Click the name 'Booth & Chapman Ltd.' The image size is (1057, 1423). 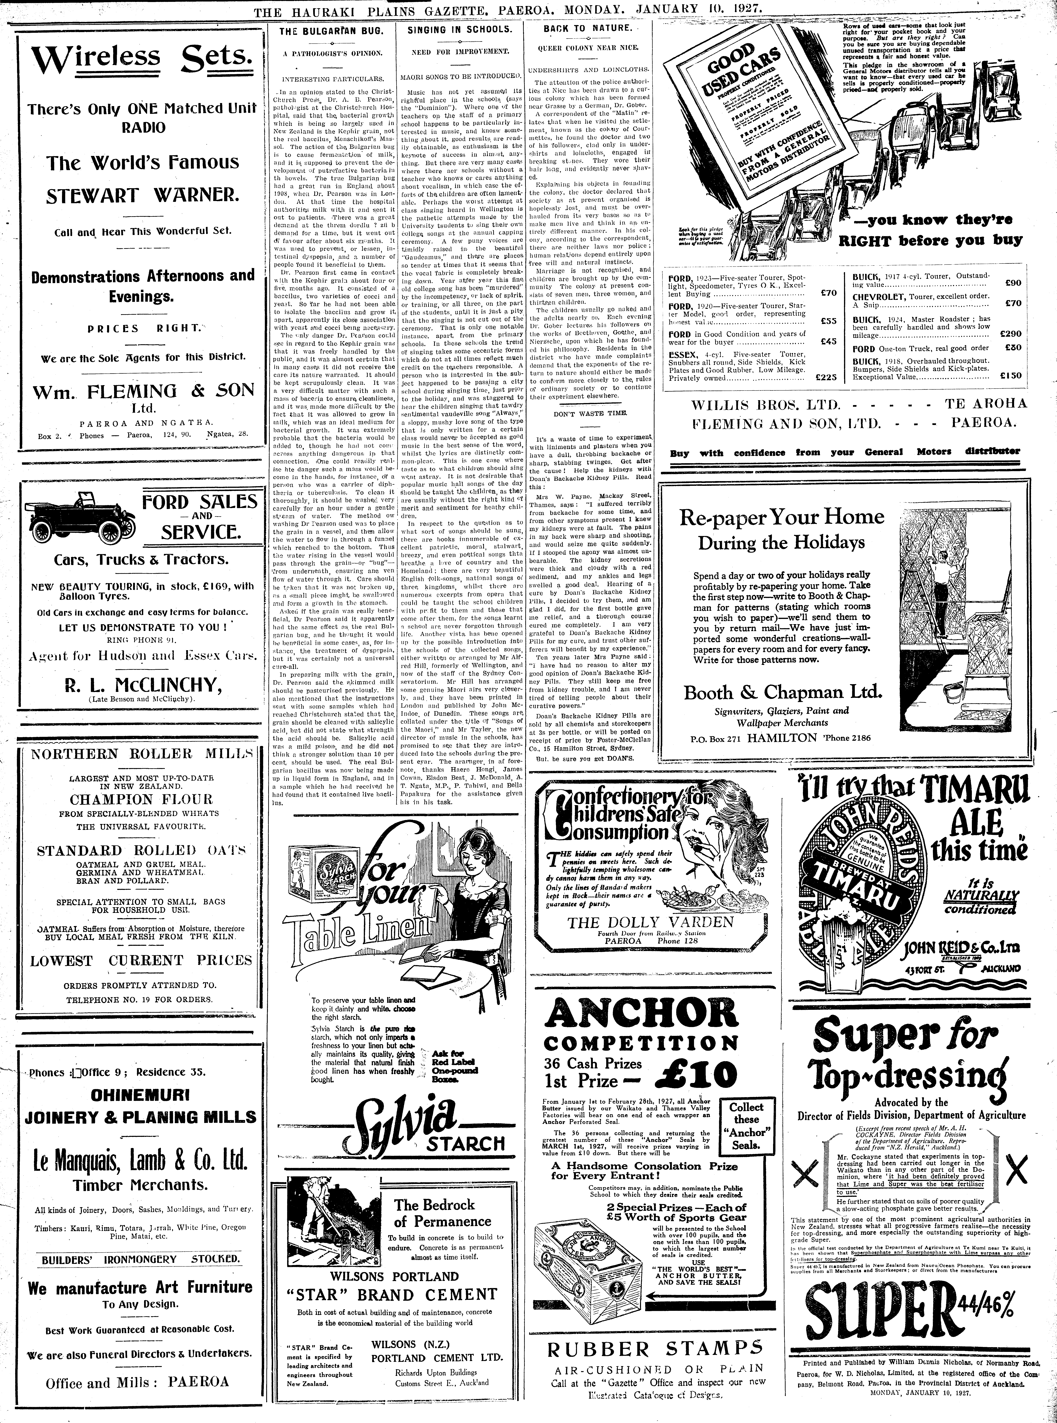783,692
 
